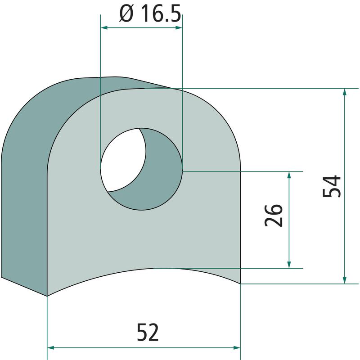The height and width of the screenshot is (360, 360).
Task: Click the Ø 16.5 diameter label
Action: pos(150,14)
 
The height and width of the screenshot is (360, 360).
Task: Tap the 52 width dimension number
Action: pos(148,332)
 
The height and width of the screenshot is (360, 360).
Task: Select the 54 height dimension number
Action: pos(332,186)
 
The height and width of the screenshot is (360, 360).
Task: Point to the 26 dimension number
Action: pos(273,215)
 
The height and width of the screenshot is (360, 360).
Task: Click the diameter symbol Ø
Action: pos(126,14)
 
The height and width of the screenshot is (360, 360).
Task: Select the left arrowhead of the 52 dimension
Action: pos(50,347)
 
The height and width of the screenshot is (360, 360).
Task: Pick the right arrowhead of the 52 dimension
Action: pos(237,347)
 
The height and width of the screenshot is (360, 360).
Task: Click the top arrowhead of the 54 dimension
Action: pos(344,92)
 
